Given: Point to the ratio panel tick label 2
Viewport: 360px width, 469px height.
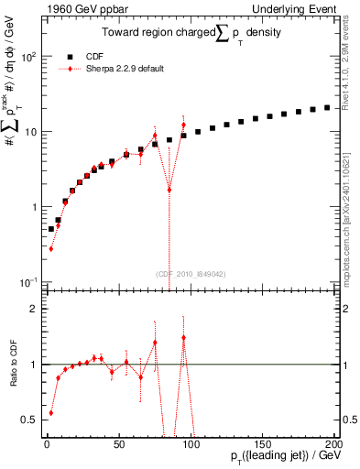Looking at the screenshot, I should (x=33, y=309).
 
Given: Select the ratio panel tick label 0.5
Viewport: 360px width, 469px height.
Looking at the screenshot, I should (x=29, y=420).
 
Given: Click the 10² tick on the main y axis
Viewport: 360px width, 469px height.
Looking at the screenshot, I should (x=28, y=57).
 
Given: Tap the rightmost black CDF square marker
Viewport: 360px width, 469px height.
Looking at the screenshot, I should (x=326, y=107).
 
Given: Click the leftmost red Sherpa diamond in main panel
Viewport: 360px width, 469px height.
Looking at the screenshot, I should (x=50, y=248).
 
